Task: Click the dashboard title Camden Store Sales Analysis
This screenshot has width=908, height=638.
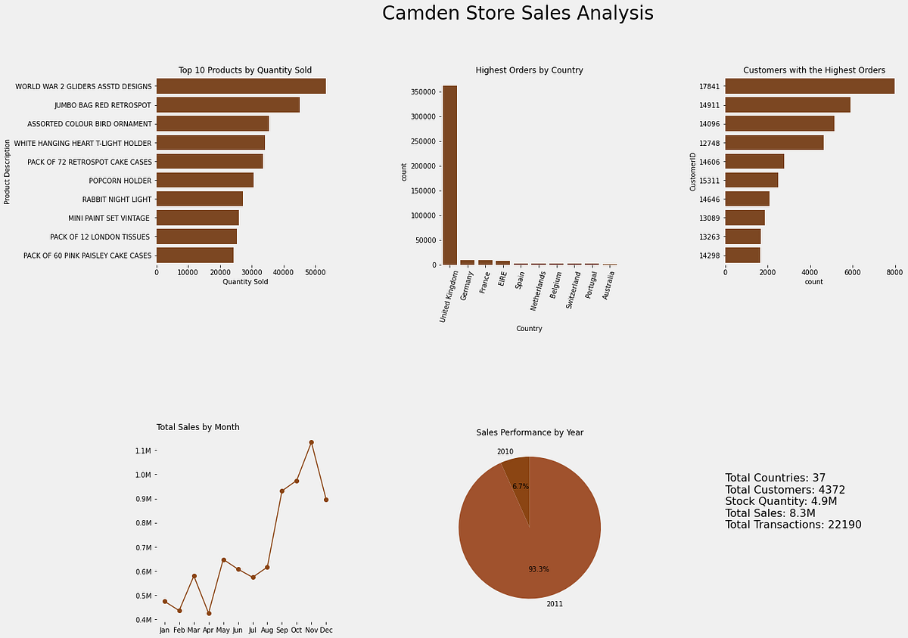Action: click(x=518, y=14)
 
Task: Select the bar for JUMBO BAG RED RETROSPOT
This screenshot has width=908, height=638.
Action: click(x=228, y=105)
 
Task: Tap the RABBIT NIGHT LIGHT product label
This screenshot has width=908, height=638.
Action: click(x=117, y=200)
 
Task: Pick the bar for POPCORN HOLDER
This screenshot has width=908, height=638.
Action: click(x=204, y=181)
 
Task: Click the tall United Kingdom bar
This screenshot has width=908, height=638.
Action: click(x=449, y=175)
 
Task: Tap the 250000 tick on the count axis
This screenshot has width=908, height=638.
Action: click(x=424, y=141)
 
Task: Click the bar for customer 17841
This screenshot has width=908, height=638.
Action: click(x=809, y=86)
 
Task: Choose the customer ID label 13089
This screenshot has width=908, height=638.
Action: click(x=709, y=218)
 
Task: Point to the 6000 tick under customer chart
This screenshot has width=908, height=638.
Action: click(x=852, y=273)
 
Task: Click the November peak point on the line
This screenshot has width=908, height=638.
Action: click(x=311, y=442)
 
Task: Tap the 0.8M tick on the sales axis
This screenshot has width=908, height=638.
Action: click(x=143, y=523)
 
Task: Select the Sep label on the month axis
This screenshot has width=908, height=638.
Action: click(x=281, y=630)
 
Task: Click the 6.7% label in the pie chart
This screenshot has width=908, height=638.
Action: click(x=521, y=486)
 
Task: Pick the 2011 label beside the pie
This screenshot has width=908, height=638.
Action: click(x=554, y=604)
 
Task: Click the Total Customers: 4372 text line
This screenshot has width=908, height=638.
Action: click(x=785, y=490)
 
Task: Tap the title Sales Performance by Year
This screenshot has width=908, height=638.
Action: click(x=529, y=432)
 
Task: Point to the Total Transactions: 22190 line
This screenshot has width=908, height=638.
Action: click(x=793, y=525)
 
